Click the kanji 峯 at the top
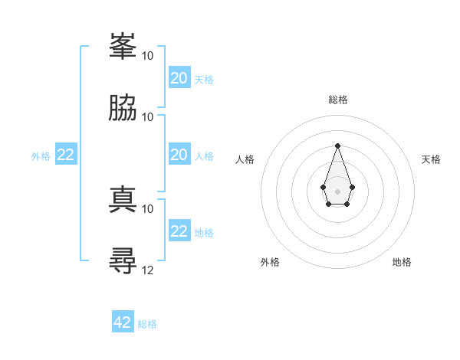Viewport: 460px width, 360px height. click(123, 46)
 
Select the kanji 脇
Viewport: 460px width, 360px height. click(123, 107)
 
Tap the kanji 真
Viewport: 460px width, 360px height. click(123, 199)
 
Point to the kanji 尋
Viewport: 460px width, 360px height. click(123, 260)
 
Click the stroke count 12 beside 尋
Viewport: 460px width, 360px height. click(147, 270)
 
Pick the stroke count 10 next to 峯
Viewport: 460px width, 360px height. click(147, 56)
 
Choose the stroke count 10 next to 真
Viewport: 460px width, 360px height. click(147, 209)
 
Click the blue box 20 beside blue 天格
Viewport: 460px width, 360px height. click(179, 77)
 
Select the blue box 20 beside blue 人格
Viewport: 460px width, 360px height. click(179, 154)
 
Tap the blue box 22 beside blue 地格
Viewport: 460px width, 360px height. click(179, 230)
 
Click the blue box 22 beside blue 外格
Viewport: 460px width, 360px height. click(66, 154)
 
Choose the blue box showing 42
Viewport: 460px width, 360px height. click(123, 321)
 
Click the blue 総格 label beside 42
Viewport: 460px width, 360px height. click(147, 324)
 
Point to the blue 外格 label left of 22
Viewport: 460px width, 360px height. click(41, 156)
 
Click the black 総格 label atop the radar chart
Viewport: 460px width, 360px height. click(338, 100)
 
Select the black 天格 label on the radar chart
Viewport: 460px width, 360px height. click(431, 159)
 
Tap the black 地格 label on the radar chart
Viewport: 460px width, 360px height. click(402, 262)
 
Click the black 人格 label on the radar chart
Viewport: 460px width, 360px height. click(245, 159)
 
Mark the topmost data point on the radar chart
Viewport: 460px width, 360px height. click(337, 146)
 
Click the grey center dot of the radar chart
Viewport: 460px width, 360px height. click(337, 191)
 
